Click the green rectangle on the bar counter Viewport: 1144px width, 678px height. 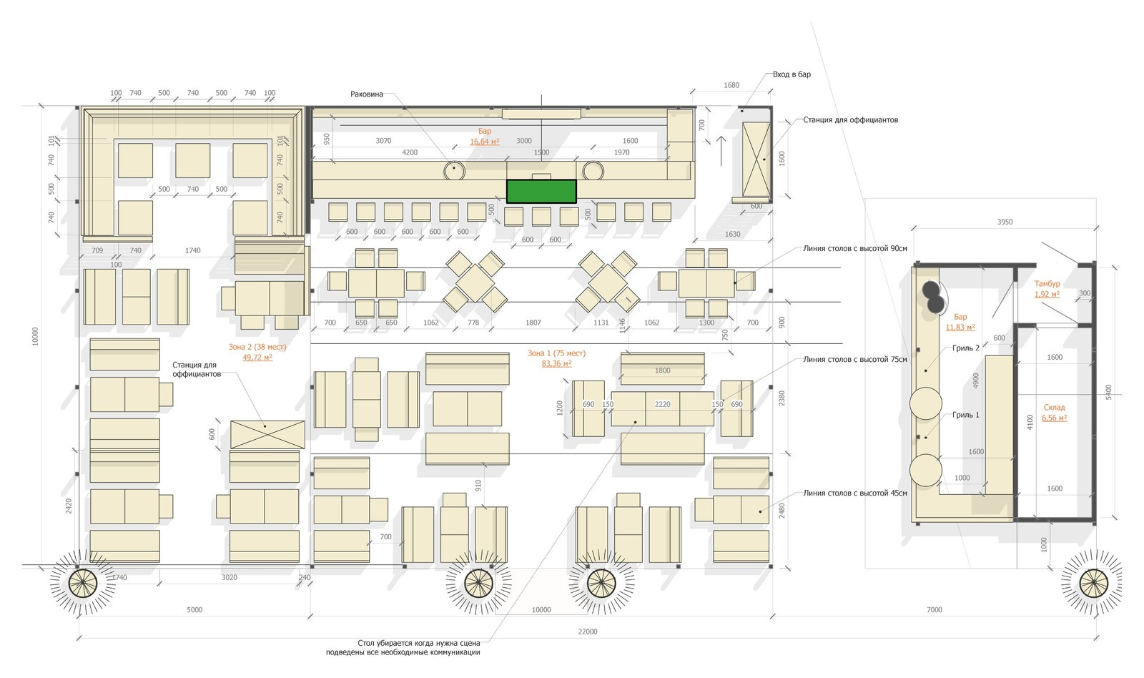pos(541,191)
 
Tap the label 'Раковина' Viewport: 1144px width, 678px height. pos(367,94)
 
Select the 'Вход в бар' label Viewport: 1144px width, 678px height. pos(792,74)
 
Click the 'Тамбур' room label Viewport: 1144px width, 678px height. pos(1047,283)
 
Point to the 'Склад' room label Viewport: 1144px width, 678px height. pos(1054,407)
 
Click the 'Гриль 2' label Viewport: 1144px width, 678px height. pos(966,348)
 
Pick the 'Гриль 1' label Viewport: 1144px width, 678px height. pos(966,415)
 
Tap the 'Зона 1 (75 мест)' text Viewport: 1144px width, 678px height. pos(556,353)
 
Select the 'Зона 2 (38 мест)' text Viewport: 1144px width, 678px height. pos(257,347)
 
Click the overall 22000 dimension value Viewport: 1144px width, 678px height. pos(587,632)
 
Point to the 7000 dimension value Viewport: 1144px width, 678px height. pos(934,609)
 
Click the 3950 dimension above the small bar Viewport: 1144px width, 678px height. pos(1005,222)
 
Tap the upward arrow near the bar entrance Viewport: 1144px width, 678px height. pos(721,151)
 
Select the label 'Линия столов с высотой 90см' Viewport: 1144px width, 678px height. pos(855,249)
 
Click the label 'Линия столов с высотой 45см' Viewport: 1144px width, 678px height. pos(855,493)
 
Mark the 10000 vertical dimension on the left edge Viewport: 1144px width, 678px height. pos(35,336)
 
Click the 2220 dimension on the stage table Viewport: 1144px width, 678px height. pos(662,404)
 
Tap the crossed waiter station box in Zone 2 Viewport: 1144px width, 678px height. pos(267,435)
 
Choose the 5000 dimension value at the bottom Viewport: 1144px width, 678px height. pos(194,609)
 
